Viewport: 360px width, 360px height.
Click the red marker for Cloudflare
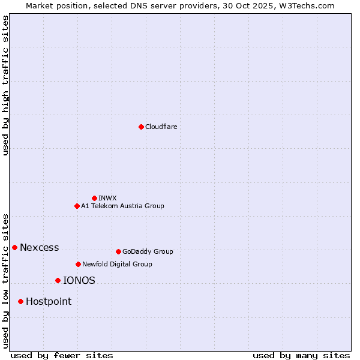pyautogui.click(x=141, y=127)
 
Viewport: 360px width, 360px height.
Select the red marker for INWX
pyautogui.click(x=94, y=198)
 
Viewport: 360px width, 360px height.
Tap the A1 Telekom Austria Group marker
pyautogui.click(x=77, y=206)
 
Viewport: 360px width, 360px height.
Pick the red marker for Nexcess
pyautogui.click(x=14, y=247)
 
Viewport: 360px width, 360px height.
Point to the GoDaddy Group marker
pyautogui.click(x=118, y=251)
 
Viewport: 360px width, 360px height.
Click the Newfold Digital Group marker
pyautogui.click(x=78, y=264)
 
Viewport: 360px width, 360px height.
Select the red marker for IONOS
pyautogui.click(x=58, y=280)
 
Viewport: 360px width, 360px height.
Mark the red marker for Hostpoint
pyautogui.click(x=20, y=301)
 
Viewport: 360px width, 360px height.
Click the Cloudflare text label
pyautogui.click(x=161, y=127)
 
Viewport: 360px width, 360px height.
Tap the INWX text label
pyautogui.click(x=107, y=198)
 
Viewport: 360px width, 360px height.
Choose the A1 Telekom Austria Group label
pyautogui.click(x=122, y=206)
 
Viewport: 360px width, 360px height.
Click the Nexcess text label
pyautogui.click(x=40, y=247)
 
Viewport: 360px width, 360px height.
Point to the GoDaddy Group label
pyautogui.click(x=148, y=251)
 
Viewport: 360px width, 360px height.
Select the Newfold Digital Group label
pyautogui.click(x=117, y=264)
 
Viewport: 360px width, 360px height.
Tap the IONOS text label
pyautogui.click(x=79, y=280)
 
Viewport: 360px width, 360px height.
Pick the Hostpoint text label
pyautogui.click(x=49, y=301)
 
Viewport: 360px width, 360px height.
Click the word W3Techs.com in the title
pyautogui.click(x=309, y=5)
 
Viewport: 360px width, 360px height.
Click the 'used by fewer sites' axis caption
pyautogui.click(x=62, y=355)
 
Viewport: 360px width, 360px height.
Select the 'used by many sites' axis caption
pyautogui.click(x=301, y=355)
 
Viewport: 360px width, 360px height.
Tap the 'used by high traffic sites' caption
pyautogui.click(x=5, y=85)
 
